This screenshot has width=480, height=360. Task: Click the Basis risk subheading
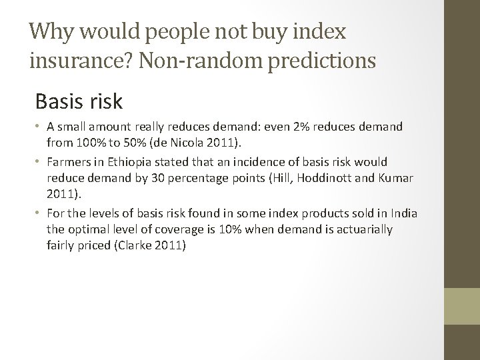pyautogui.click(x=79, y=102)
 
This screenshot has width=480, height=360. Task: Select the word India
pyautogui.click(x=403, y=214)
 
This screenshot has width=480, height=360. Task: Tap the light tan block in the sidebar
pyautogui.click(x=461, y=307)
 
